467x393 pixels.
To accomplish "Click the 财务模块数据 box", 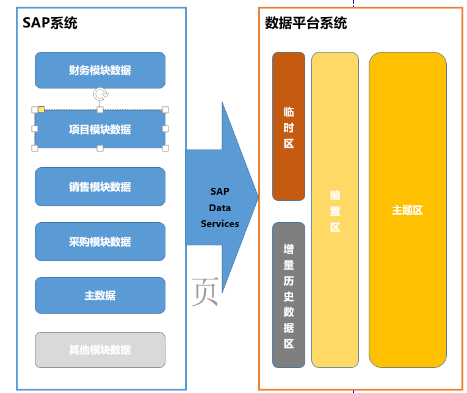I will [x=100, y=70].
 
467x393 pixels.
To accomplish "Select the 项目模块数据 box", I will [x=100, y=129].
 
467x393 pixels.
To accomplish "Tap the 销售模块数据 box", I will [x=100, y=187].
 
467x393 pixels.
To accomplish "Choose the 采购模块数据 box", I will [x=100, y=242].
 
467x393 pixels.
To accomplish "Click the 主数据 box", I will [x=100, y=295].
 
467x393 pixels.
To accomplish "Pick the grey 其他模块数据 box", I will [x=100, y=350].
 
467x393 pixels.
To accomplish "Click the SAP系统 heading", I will [x=50, y=23].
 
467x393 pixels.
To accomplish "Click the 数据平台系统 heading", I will [x=306, y=23].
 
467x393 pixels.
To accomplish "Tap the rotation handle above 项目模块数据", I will [x=101, y=94].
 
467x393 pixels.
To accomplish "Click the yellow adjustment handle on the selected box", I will [x=42, y=110].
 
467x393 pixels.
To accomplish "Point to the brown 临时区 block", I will [x=289, y=126].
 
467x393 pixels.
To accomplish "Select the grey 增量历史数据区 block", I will [x=289, y=295].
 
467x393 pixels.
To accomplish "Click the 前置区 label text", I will [x=335, y=211].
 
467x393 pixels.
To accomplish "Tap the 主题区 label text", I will [x=407, y=210].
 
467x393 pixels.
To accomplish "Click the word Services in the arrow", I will [x=220, y=224].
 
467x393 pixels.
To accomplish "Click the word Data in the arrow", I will [x=220, y=208].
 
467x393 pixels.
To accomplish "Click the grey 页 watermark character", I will [x=204, y=292].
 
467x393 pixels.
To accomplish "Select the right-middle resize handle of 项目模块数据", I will [x=165, y=129].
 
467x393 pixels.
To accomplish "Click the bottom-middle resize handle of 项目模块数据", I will [x=100, y=148].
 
